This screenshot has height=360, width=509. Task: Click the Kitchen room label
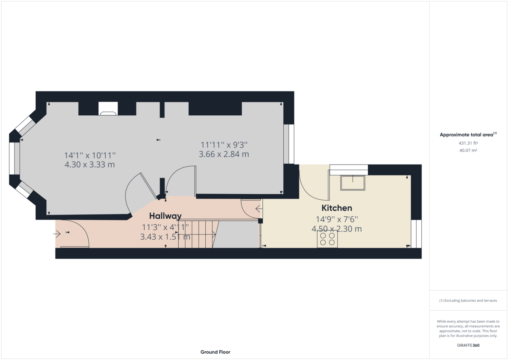click(x=336, y=208)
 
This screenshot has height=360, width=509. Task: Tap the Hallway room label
click(x=165, y=216)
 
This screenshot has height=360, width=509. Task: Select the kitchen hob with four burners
click(x=327, y=239)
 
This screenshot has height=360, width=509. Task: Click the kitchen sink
click(x=352, y=183)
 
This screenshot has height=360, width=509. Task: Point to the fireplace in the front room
click(x=108, y=109)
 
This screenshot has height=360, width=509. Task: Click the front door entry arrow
click(x=57, y=234)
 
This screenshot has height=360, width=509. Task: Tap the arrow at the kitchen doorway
click(x=259, y=209)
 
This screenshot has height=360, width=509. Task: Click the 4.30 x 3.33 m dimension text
click(x=90, y=165)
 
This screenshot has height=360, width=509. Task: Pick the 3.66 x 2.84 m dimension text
click(x=224, y=154)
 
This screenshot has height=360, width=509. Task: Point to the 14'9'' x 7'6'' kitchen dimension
click(x=337, y=219)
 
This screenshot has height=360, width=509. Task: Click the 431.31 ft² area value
click(x=468, y=143)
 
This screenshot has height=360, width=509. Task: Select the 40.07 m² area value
click(x=468, y=151)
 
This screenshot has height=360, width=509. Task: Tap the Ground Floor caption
click(x=215, y=352)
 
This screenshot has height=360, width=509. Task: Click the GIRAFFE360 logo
click(x=468, y=345)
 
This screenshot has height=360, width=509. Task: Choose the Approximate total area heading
click(x=468, y=134)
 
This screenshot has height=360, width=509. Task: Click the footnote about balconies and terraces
click(x=468, y=301)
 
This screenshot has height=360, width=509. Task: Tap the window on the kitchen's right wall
click(x=416, y=234)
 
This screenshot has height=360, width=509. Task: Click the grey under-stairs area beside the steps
click(x=236, y=234)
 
